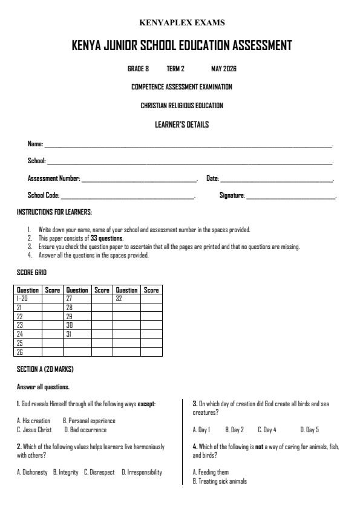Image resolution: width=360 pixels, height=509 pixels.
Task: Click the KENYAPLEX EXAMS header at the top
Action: point(182,23)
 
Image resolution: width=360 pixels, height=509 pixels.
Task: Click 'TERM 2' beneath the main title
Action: point(175,69)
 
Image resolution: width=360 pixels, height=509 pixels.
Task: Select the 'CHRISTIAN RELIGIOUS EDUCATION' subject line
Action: point(182,106)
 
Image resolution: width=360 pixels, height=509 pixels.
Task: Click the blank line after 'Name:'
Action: point(188,145)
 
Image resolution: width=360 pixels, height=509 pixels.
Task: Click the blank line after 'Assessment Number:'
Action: point(139,180)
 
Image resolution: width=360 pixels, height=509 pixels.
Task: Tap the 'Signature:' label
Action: point(232,196)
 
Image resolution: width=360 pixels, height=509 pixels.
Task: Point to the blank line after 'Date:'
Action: point(277,180)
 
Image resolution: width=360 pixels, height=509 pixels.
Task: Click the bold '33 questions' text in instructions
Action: point(106,238)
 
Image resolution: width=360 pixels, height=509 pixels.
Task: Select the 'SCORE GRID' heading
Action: point(31,273)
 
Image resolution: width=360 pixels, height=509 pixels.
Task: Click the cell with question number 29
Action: point(77,316)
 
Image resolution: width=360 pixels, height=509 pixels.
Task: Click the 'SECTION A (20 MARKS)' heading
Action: point(45,369)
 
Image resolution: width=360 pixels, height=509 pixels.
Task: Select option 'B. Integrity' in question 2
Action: point(65,472)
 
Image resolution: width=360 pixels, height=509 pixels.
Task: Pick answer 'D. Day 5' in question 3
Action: point(309,430)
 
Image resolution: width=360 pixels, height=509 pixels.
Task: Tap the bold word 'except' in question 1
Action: point(146,403)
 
